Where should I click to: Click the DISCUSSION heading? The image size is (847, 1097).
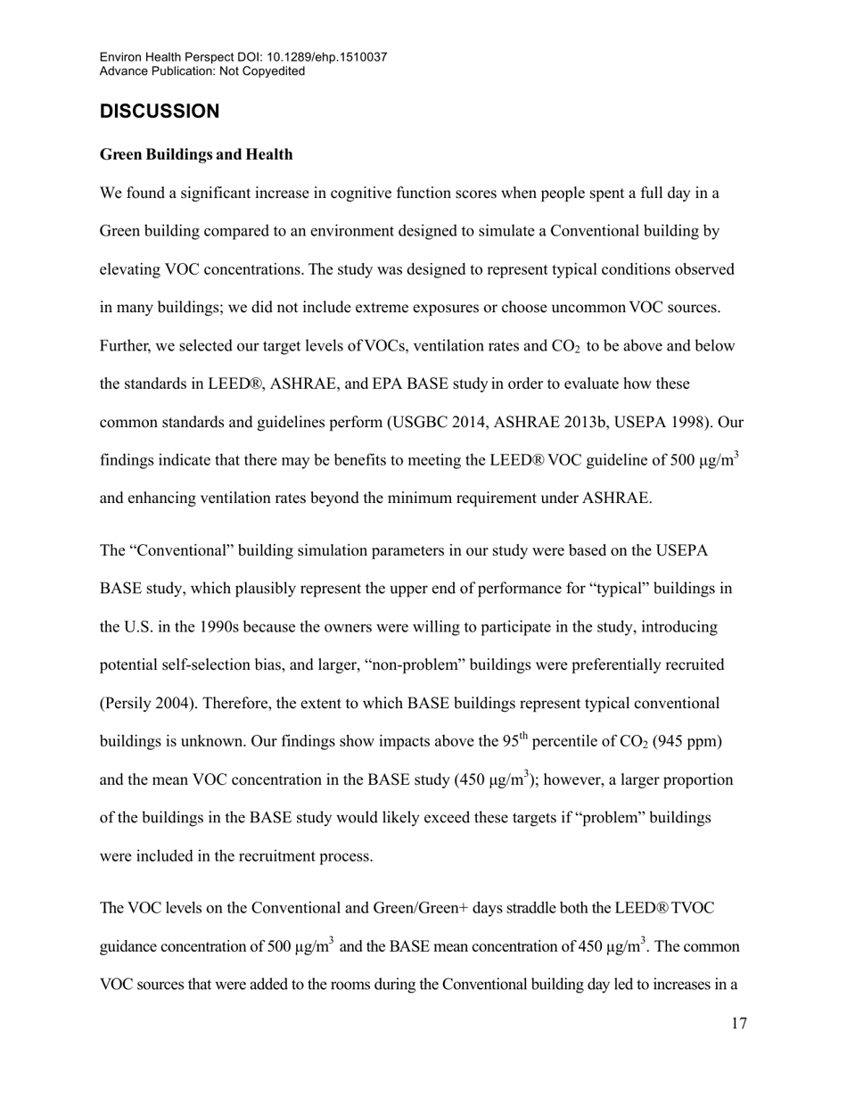pos(160,111)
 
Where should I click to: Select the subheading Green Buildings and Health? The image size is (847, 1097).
pos(196,154)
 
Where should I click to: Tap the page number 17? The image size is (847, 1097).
pos(738,1023)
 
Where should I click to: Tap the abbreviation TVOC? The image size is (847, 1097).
pos(693,908)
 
